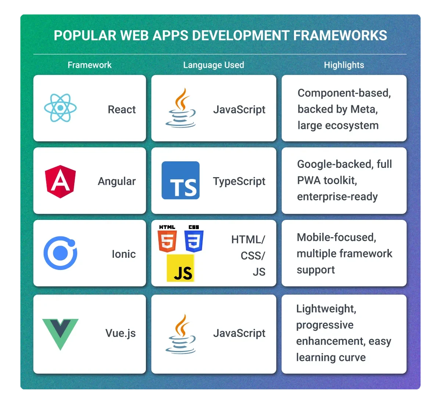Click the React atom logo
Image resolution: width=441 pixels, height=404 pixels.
tap(60, 108)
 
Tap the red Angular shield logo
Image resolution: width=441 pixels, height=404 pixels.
tap(60, 182)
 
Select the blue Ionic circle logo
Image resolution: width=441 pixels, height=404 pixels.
tap(61, 253)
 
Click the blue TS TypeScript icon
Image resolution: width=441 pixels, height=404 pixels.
tap(180, 180)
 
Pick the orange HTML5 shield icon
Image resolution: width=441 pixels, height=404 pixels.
tap(167, 239)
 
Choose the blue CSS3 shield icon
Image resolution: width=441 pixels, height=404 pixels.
tap(194, 239)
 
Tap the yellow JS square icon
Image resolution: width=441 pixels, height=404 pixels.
tap(180, 268)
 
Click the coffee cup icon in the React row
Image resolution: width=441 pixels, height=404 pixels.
tap(181, 108)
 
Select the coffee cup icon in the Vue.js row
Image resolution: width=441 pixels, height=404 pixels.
tap(181, 334)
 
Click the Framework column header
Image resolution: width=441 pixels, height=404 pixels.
tap(89, 65)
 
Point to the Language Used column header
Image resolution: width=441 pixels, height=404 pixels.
tap(214, 65)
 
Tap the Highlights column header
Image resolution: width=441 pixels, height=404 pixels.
tap(344, 65)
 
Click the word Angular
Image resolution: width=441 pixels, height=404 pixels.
tap(117, 182)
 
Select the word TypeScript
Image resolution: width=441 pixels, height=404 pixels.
tap(239, 182)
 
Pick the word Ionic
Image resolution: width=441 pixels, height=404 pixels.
tap(124, 254)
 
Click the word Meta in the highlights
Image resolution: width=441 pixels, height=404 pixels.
tap(364, 109)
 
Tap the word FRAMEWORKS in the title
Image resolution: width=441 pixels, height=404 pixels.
tap(340, 35)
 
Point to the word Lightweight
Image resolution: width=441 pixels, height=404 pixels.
tap(326, 309)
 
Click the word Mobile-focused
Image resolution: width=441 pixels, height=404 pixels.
tap(336, 238)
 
